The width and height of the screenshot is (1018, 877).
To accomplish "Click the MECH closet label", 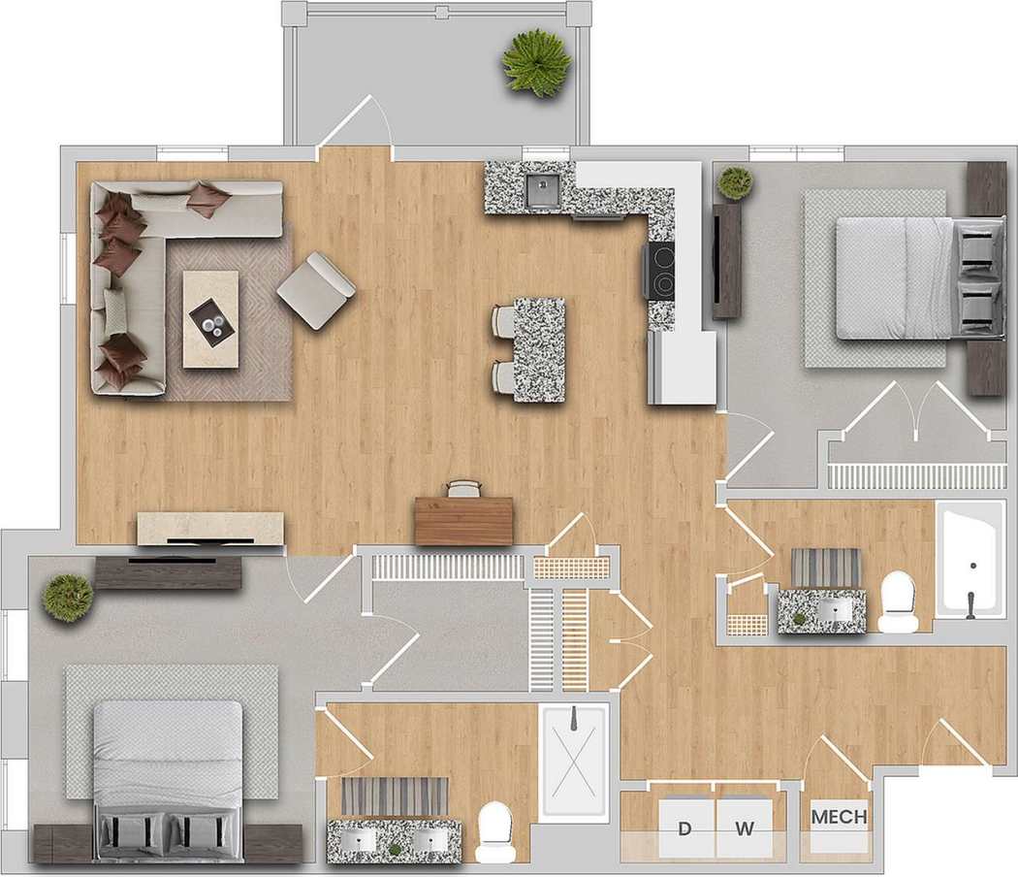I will [x=839, y=817].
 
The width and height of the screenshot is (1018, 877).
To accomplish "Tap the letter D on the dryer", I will [x=684, y=828].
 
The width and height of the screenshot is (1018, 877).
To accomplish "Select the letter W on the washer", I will [x=745, y=828].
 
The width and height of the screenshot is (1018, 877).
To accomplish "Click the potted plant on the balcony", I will [x=535, y=61].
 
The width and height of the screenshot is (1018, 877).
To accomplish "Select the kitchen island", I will [x=538, y=349].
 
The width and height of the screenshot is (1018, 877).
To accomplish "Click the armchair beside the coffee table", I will [x=315, y=289].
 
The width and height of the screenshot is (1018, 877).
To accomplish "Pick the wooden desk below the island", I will [x=463, y=521].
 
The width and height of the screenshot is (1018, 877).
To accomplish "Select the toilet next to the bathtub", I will [x=899, y=601].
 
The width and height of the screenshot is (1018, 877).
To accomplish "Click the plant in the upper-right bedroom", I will [x=736, y=183].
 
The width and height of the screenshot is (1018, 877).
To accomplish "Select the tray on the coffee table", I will [x=210, y=317].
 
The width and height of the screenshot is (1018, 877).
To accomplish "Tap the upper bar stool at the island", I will [x=504, y=320].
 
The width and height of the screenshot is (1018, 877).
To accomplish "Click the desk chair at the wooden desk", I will [x=463, y=488].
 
